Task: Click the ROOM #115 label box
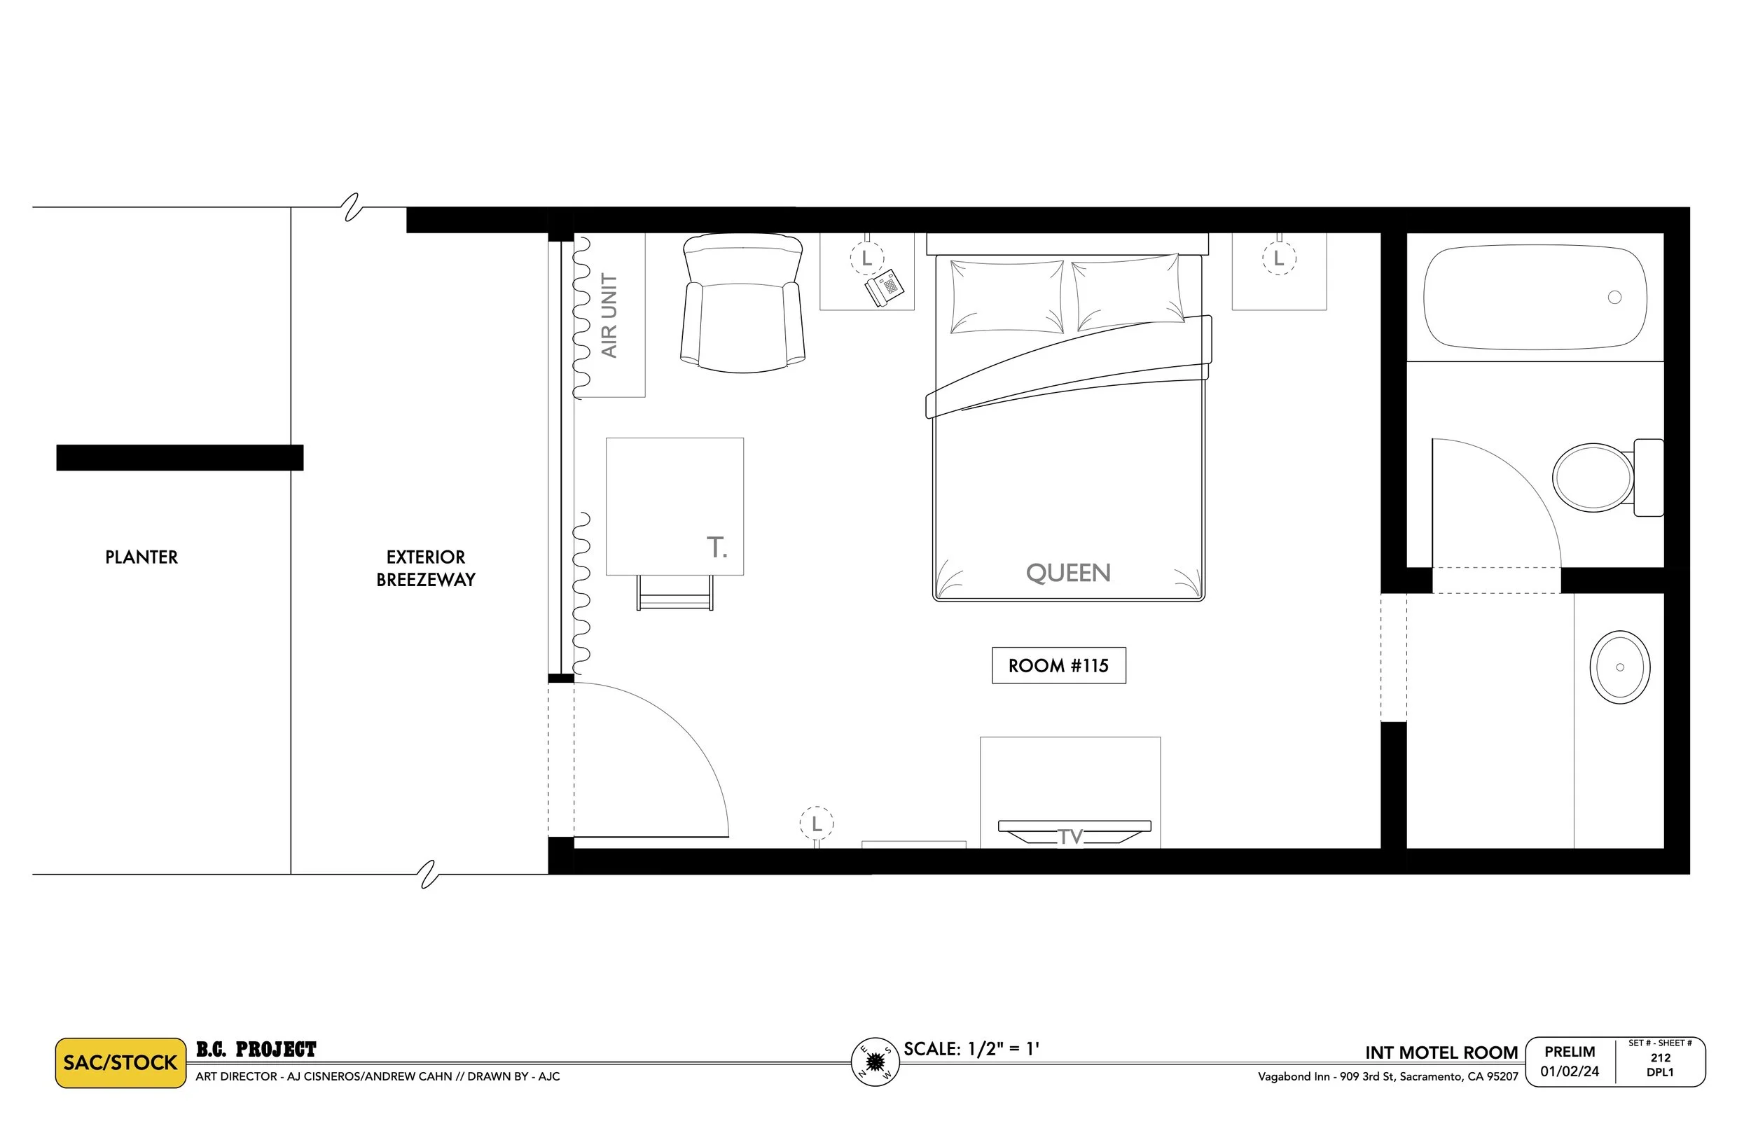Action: pyautogui.click(x=1058, y=665)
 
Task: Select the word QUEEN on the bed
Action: pyautogui.click(x=1067, y=572)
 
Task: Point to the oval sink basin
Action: pyautogui.click(x=1619, y=667)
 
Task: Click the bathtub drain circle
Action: pyautogui.click(x=1614, y=297)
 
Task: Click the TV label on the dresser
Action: pyautogui.click(x=1070, y=837)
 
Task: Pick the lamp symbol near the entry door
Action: pyautogui.click(x=816, y=824)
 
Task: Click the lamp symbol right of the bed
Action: pyautogui.click(x=1279, y=258)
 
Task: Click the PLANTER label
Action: pyautogui.click(x=141, y=557)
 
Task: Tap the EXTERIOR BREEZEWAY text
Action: pyautogui.click(x=425, y=568)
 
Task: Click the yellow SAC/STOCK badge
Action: pyautogui.click(x=120, y=1062)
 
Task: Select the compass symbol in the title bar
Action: pyautogui.click(x=875, y=1062)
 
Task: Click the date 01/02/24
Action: pyautogui.click(x=1570, y=1071)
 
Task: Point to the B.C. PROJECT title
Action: pyautogui.click(x=256, y=1049)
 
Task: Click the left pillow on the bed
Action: pyautogui.click(x=1006, y=296)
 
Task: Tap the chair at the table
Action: pyautogui.click(x=674, y=593)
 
